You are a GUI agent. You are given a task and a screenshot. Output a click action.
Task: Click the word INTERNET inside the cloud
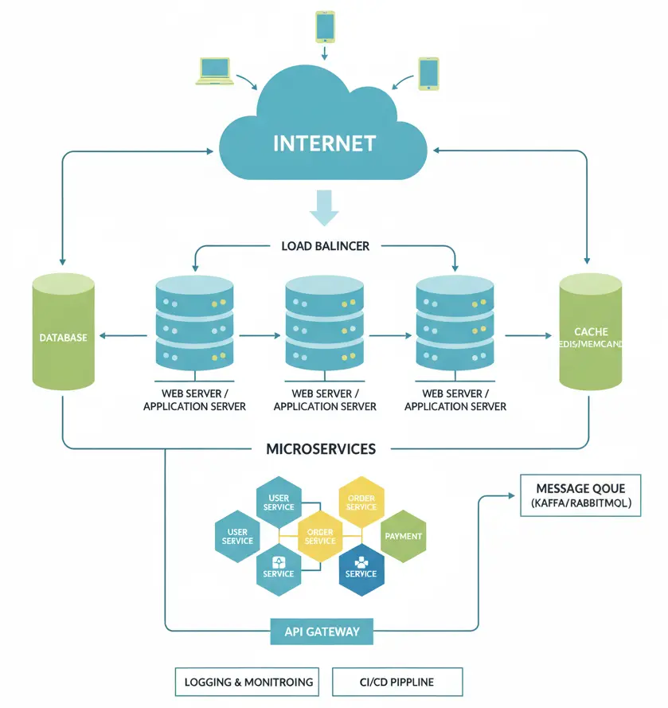click(x=324, y=143)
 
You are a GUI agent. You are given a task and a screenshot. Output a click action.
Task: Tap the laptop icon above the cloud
click(x=213, y=71)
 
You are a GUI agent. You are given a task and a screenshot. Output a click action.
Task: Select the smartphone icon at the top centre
click(x=325, y=26)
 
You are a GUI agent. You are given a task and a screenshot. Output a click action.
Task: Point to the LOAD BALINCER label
click(x=325, y=246)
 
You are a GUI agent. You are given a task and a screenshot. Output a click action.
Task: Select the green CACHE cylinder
click(x=590, y=331)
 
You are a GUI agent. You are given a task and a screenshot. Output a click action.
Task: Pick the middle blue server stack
click(x=325, y=322)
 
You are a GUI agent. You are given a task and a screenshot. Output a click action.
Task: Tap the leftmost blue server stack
click(x=194, y=322)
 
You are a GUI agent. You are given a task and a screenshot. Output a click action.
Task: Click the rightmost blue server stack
click(x=455, y=322)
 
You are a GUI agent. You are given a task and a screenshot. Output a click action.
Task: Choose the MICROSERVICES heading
click(x=320, y=449)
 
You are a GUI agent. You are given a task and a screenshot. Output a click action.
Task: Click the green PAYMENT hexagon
click(x=403, y=537)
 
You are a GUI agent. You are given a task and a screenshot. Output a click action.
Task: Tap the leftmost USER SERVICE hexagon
click(x=237, y=537)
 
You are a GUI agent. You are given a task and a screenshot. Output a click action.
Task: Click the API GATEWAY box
click(x=322, y=632)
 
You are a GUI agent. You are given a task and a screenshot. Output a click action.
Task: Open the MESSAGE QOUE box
click(x=580, y=495)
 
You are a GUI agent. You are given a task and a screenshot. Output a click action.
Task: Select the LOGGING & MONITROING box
click(x=247, y=682)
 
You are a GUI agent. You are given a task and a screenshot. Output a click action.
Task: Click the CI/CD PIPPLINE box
click(x=397, y=682)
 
